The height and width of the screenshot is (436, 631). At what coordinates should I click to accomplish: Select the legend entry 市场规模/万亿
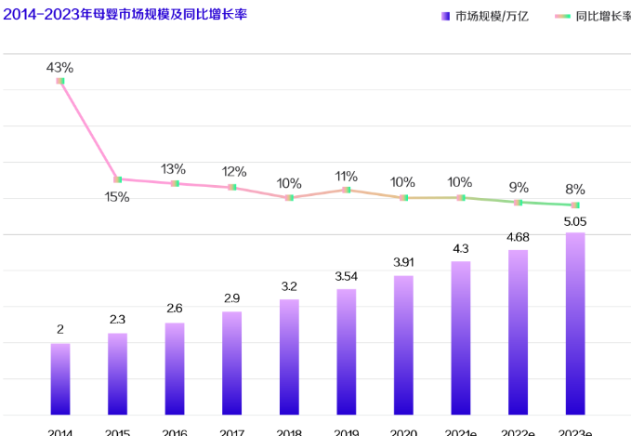492,16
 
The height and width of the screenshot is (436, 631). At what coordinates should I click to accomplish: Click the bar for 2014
60,378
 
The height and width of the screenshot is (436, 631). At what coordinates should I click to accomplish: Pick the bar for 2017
232,363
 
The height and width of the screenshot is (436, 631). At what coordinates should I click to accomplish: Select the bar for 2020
403,344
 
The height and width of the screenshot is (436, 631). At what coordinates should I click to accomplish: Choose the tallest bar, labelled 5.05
575,323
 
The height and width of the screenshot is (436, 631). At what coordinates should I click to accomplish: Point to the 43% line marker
60,81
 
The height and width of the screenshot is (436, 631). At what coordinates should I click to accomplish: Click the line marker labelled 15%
117,179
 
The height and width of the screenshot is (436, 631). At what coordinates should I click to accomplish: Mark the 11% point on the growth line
347,190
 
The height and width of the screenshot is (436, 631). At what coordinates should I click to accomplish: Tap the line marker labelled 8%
575,205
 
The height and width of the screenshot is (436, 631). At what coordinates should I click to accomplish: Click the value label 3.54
347,276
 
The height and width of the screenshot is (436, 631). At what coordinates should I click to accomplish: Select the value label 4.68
518,237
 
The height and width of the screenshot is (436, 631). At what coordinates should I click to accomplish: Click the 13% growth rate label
174,169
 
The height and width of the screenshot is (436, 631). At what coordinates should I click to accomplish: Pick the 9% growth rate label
519,187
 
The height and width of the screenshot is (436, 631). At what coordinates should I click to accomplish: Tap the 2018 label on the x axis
289,431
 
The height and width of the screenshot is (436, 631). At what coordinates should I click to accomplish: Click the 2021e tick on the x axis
461,431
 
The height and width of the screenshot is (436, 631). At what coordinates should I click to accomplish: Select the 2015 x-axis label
117,431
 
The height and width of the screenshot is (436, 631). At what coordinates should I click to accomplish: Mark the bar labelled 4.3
461,337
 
